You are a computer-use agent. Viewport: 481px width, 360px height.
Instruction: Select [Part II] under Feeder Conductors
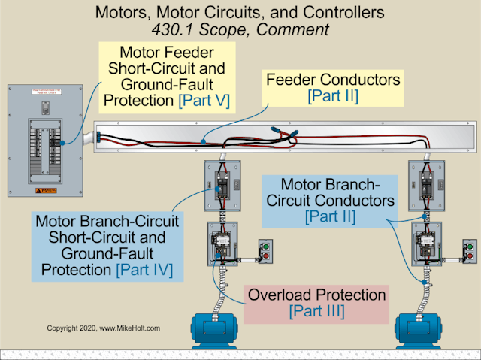332,96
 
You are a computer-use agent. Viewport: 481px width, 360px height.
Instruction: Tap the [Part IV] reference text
144,269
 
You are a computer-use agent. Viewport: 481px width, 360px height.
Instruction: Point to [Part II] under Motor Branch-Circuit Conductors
331,216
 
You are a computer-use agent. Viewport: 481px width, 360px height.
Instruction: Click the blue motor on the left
224,329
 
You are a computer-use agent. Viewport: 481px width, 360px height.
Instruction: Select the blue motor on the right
428,329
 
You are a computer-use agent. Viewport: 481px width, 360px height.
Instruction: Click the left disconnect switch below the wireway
222,184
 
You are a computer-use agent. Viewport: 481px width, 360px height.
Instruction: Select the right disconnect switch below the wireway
425,184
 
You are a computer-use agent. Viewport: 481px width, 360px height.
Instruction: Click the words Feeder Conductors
332,80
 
